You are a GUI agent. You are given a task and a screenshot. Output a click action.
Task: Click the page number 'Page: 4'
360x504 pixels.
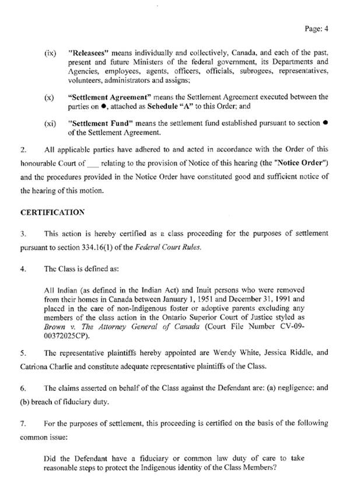pos(316,27)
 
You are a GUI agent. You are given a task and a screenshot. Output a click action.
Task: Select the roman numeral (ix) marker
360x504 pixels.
pos(50,53)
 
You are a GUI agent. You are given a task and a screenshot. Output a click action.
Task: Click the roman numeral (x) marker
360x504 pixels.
pos(50,96)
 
